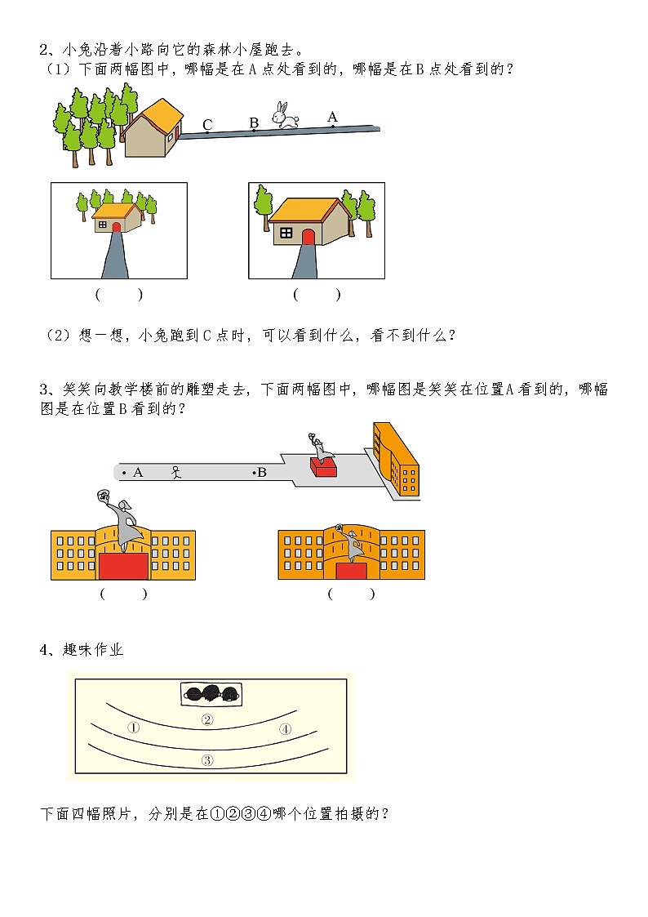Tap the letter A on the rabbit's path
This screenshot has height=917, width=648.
(x=332, y=117)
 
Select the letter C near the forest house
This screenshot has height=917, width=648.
(x=207, y=125)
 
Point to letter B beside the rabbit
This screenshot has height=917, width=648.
(x=254, y=123)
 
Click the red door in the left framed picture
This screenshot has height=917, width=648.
(x=116, y=227)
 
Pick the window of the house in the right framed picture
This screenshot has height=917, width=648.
(x=286, y=234)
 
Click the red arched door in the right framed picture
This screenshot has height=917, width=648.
(x=308, y=238)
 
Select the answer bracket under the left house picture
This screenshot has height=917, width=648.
(x=118, y=295)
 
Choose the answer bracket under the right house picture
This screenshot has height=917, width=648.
(x=317, y=295)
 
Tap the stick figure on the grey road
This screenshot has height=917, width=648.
(x=175, y=472)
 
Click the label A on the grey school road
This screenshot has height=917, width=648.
(x=137, y=472)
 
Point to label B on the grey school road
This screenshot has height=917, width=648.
(x=262, y=472)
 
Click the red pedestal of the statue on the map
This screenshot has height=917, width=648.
(x=323, y=466)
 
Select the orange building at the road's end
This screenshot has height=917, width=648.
(x=396, y=461)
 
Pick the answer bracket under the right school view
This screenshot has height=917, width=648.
(x=351, y=594)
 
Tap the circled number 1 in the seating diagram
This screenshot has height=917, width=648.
(x=134, y=728)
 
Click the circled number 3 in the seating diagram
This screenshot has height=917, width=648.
(x=207, y=759)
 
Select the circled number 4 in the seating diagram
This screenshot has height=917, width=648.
(x=285, y=729)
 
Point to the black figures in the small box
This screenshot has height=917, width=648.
(x=211, y=694)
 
